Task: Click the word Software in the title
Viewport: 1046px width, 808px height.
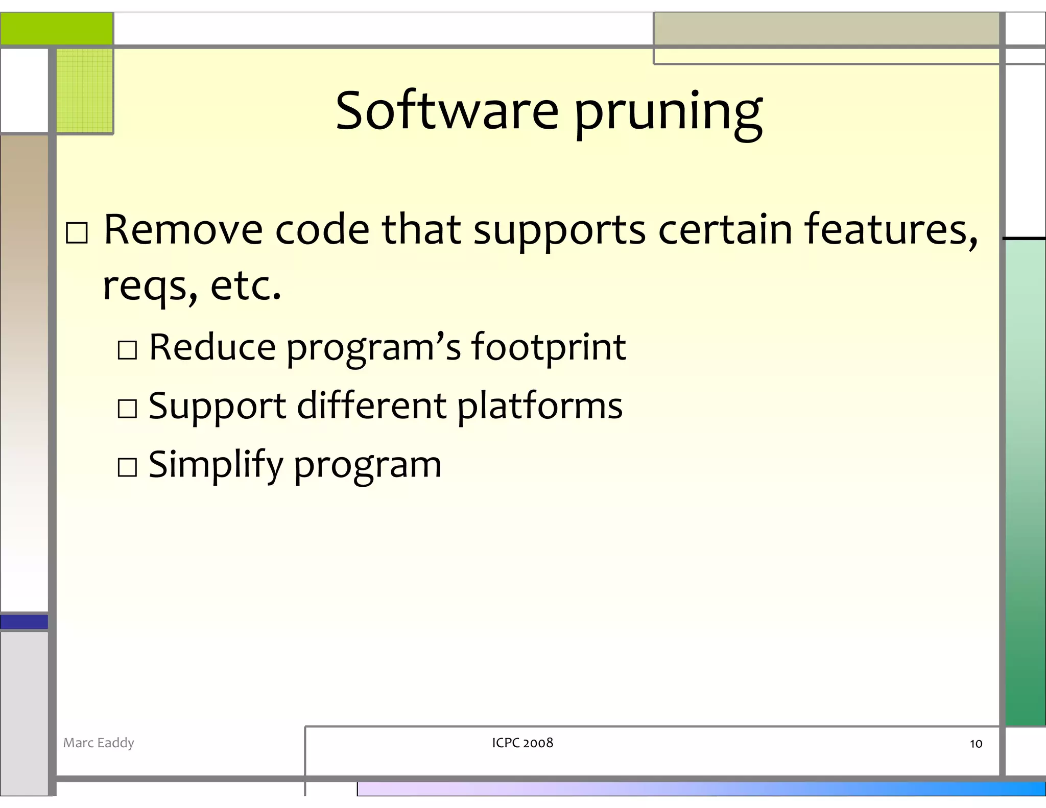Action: pyautogui.click(x=447, y=111)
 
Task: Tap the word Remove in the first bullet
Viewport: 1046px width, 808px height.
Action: pyautogui.click(x=183, y=229)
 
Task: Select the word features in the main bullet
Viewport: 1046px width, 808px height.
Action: pyautogui.click(x=891, y=229)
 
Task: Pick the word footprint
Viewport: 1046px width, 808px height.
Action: pyautogui.click(x=548, y=347)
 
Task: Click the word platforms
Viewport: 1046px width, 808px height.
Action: pyautogui.click(x=539, y=407)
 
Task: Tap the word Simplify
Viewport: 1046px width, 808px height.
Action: pyautogui.click(x=215, y=465)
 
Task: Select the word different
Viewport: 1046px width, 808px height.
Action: pyautogui.click(x=372, y=406)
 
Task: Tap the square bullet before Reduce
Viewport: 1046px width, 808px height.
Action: pyautogui.click(x=127, y=350)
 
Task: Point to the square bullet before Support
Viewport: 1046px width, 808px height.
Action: pyautogui.click(x=127, y=409)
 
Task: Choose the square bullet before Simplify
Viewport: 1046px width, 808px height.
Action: pyautogui.click(x=127, y=467)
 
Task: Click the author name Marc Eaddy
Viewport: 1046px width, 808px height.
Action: pyautogui.click(x=99, y=743)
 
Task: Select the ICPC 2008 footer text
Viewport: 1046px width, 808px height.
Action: pyautogui.click(x=522, y=743)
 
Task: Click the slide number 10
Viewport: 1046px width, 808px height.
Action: pyautogui.click(x=976, y=744)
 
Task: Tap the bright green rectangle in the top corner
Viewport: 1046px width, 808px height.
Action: pyautogui.click(x=56, y=29)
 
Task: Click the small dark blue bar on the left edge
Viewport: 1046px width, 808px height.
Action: pyautogui.click(x=24, y=622)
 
